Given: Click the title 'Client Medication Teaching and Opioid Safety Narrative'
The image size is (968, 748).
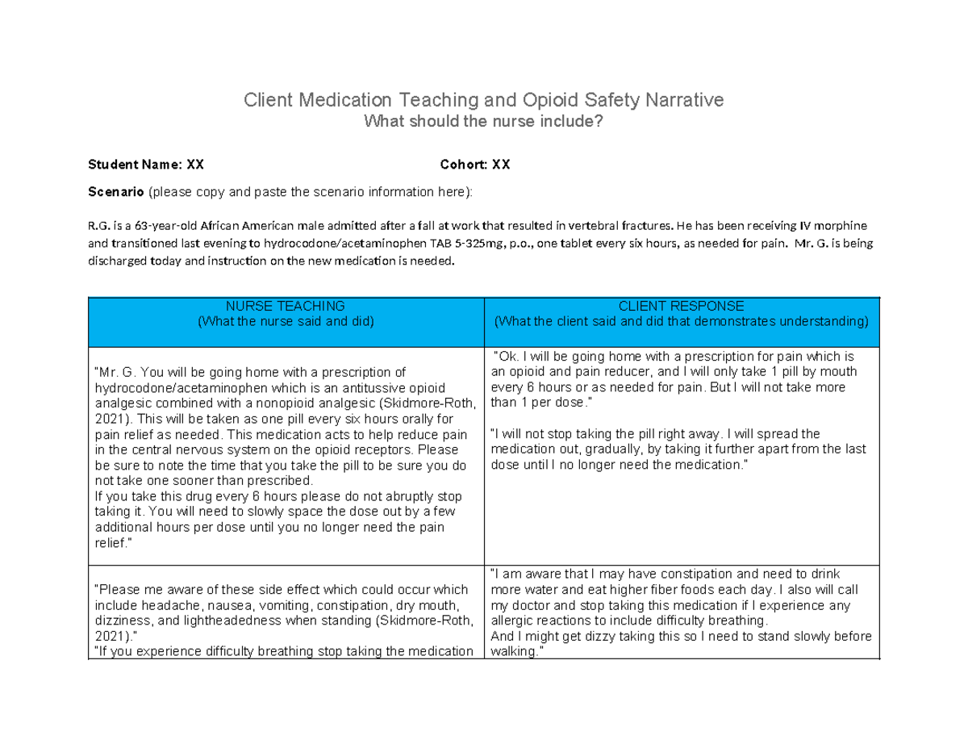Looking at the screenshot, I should (484, 101).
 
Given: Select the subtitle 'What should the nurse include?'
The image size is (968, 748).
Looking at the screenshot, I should (484, 122).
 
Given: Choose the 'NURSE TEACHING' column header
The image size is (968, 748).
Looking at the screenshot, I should (285, 307).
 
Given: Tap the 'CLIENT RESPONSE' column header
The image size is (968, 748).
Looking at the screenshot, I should (681, 307).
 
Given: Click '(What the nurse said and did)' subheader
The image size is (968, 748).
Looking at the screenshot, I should (285, 322).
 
